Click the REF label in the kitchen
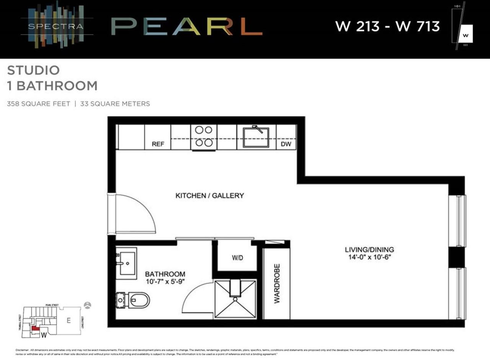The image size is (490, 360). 158,144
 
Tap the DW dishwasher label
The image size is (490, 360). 286,144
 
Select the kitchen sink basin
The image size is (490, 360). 256,137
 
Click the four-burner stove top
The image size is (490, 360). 204,136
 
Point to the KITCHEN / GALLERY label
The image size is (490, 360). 209,195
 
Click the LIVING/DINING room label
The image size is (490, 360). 369,250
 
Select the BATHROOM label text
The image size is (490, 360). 165,274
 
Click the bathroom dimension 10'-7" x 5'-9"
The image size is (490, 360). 165,282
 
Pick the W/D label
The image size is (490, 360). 237,258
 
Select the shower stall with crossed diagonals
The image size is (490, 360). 235,299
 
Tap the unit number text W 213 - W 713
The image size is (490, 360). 387,26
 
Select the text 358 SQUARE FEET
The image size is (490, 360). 39,104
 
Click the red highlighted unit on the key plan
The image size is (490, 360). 35,328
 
